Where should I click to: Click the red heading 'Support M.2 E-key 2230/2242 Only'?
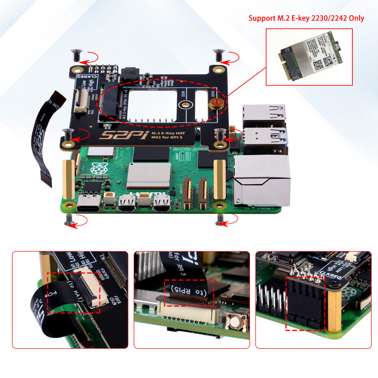click(x=306, y=18)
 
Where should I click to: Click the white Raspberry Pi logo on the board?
click(x=98, y=169)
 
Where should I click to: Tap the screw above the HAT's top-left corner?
click(x=76, y=55)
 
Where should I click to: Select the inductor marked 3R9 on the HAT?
click(x=128, y=73)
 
